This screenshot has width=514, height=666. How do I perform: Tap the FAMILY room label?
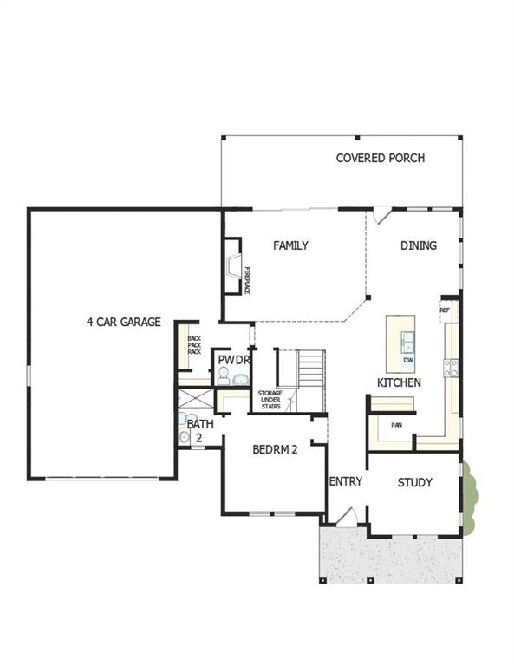point(290,245)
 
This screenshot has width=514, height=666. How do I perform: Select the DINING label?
point(419,245)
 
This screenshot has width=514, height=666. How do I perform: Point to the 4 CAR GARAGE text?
point(124,322)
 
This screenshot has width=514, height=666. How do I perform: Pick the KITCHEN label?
point(400,382)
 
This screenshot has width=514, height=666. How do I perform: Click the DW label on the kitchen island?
point(407,359)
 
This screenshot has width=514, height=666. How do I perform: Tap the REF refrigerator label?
point(445,310)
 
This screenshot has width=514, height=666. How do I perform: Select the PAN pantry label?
point(396,425)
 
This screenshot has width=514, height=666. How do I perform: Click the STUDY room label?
point(414,482)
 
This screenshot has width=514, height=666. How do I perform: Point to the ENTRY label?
point(345,482)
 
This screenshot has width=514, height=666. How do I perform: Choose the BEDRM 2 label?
point(275,449)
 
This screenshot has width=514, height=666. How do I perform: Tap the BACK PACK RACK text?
point(194,345)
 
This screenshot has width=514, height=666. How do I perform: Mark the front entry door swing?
point(343,518)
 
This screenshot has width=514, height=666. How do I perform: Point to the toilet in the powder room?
point(223,376)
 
